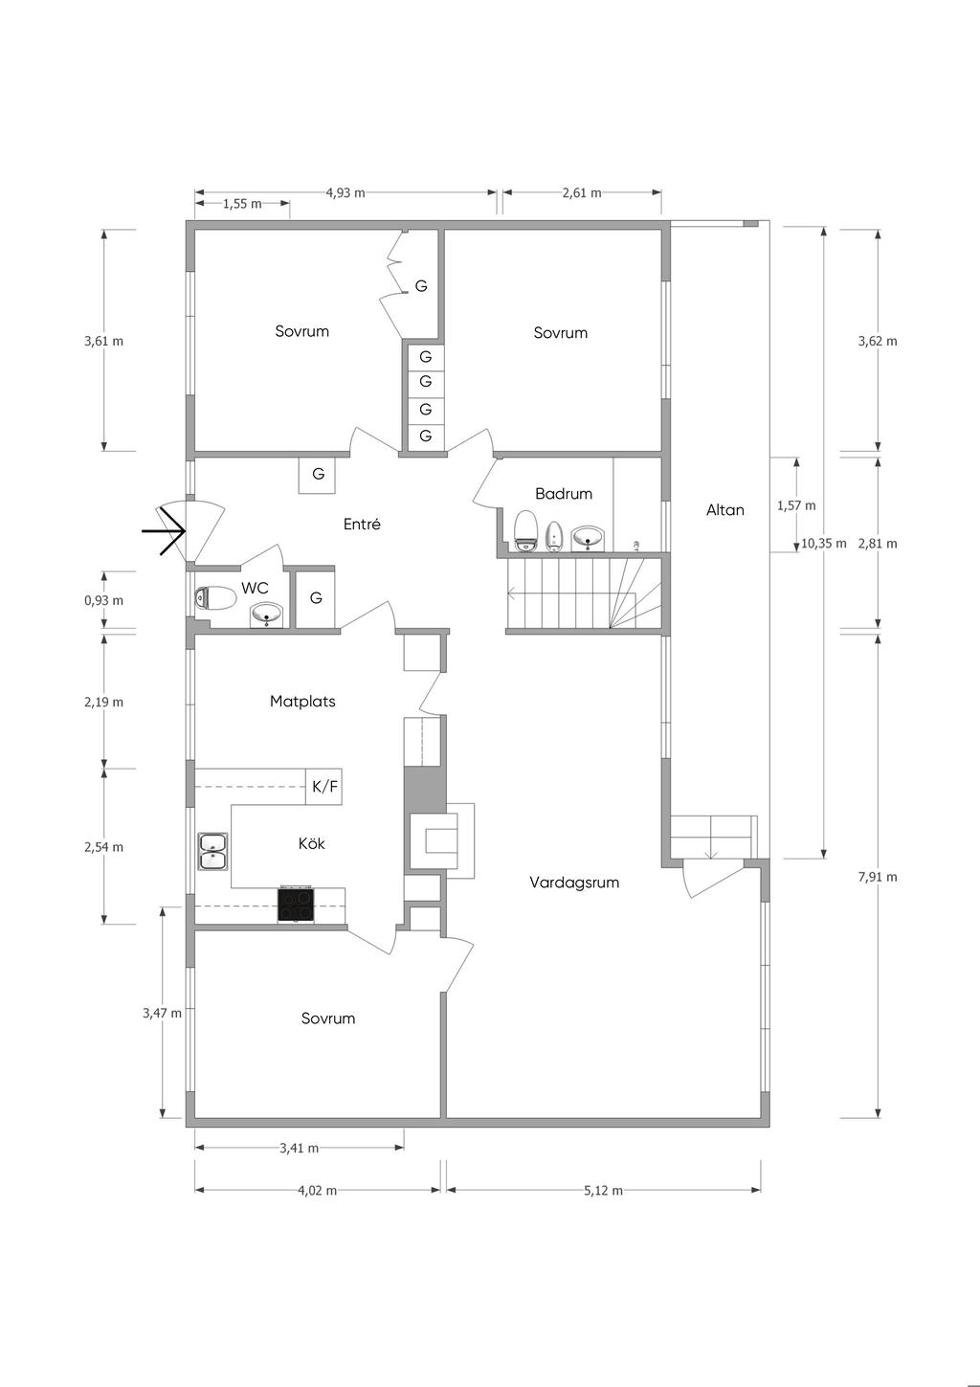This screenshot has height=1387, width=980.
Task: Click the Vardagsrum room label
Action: pos(574,883)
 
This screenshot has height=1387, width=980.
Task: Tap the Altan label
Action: pos(724,510)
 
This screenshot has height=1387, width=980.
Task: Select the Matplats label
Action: pos(302,702)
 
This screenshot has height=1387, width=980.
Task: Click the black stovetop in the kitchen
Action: pos(297,905)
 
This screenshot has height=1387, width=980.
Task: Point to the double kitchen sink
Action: pos(213,851)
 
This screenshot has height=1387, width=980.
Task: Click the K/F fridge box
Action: pos(323,787)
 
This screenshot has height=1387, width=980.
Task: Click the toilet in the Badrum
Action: pos(525,531)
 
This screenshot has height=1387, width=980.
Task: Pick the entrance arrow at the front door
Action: pos(164,530)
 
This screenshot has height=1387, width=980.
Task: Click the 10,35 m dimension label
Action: pos(823,544)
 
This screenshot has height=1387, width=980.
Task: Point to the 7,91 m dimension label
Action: pos(878,877)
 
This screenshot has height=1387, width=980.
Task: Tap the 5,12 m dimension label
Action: pos(603,1190)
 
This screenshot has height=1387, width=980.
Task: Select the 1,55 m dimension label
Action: pos(242,204)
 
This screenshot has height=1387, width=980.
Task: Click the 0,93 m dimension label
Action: pos(104,600)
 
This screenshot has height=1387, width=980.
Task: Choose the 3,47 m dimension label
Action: pos(162,1013)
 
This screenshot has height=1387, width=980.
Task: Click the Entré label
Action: pos(362,525)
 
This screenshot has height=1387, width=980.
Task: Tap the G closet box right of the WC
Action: pos(316,598)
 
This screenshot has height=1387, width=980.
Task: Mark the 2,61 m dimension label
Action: pos(582,192)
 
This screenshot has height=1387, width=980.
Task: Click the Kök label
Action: pos(311,843)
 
